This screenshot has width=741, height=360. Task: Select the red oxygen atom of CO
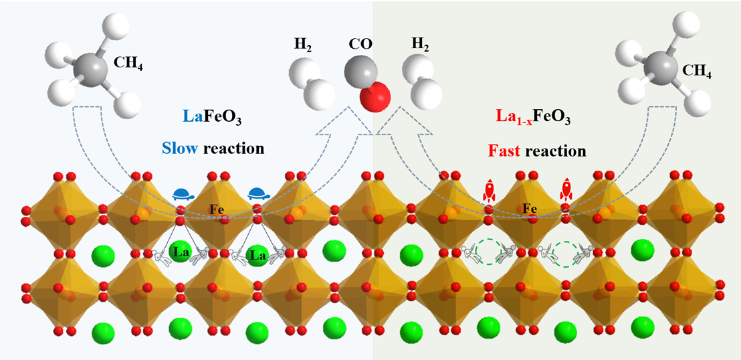tap(375, 97)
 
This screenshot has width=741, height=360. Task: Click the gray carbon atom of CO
tap(360, 72)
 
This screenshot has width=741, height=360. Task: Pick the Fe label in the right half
tap(530, 209)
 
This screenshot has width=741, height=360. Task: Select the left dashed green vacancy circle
tap(487, 254)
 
